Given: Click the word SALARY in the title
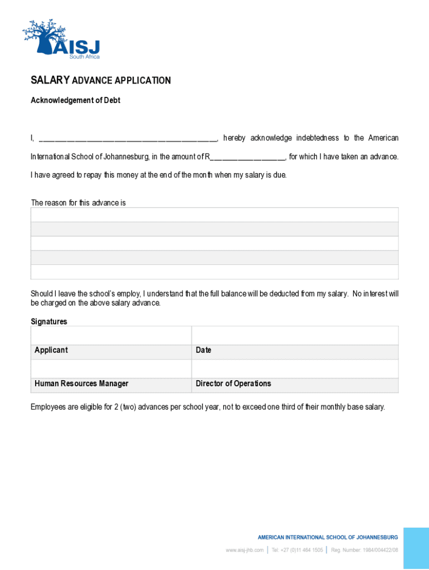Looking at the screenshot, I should tap(50, 81).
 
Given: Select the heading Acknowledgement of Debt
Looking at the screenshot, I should tap(75, 101).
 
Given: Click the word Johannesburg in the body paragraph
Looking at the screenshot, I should tap(125, 157).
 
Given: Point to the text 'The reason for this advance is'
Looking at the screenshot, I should tap(78, 203).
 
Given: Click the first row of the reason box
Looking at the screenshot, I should tap(214, 215).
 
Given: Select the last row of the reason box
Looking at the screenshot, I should tap(214, 272).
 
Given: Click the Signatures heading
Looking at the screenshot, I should tap(48, 322).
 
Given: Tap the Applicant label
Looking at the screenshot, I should tap(51, 350).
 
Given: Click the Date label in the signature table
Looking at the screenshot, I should tap(203, 350).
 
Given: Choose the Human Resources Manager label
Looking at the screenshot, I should tap(81, 384).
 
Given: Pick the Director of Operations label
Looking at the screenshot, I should tap(233, 384).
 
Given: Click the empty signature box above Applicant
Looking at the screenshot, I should tap(111, 336).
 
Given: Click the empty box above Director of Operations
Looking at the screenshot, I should tap(295, 368).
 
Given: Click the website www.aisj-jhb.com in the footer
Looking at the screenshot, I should tap(245, 550).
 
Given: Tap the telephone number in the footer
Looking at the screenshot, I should tap(297, 550).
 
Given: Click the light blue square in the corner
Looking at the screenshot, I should tap(416, 548).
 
